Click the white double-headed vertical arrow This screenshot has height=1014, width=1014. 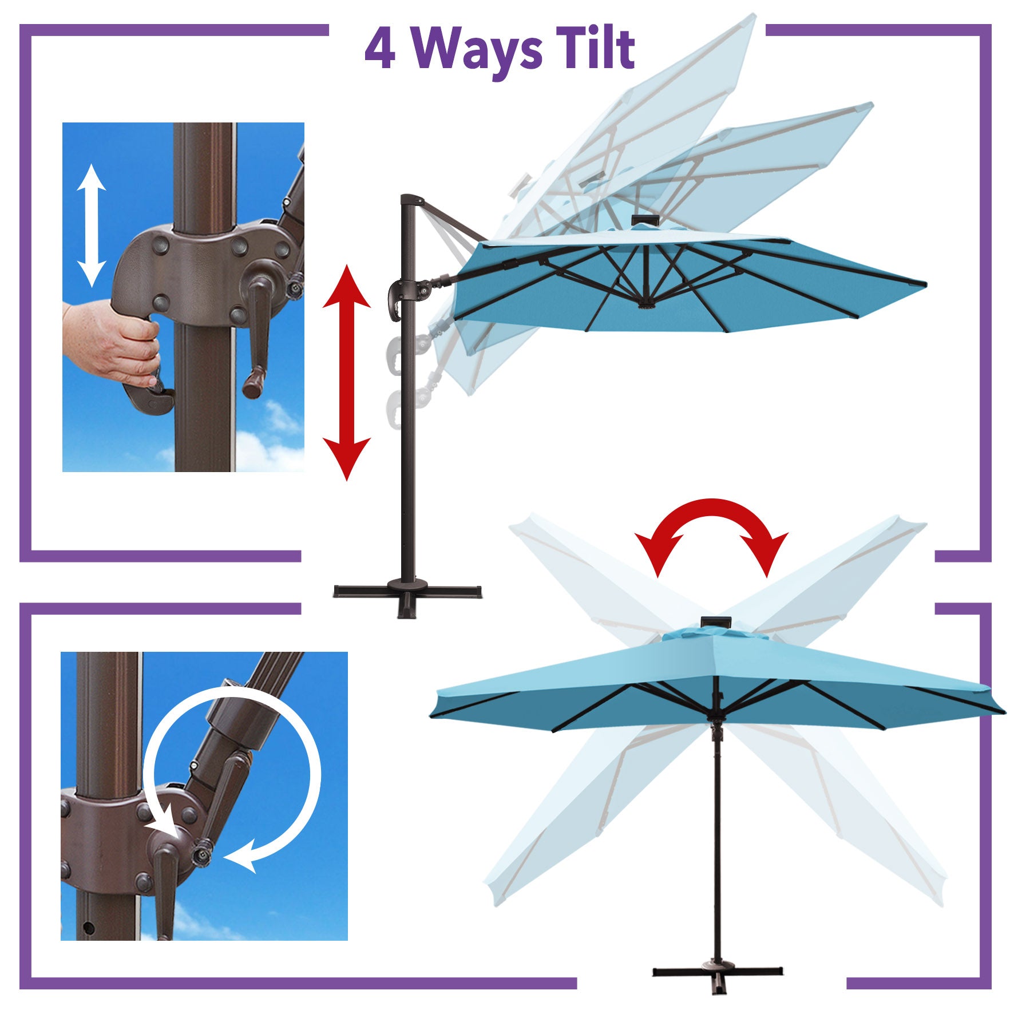92,225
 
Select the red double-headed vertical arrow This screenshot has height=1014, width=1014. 347,372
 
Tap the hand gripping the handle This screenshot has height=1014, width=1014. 112,343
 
